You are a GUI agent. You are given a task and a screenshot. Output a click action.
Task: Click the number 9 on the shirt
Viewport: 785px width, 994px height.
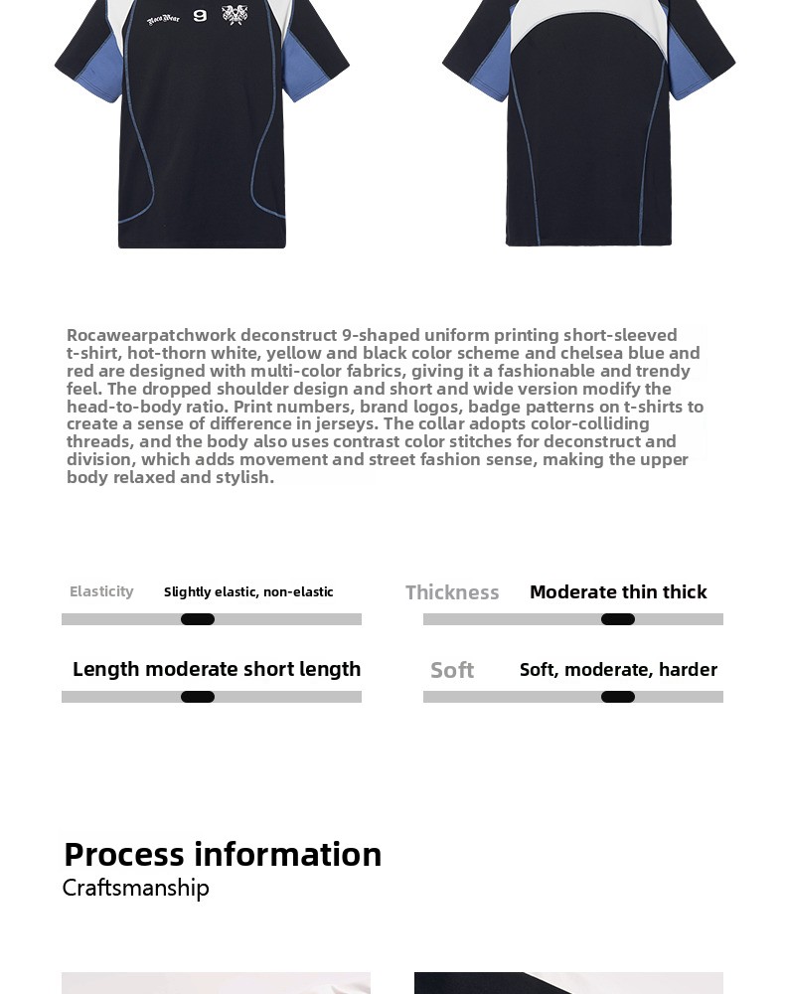click(x=200, y=16)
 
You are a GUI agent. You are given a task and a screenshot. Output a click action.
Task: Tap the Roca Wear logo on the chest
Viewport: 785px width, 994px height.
click(x=164, y=19)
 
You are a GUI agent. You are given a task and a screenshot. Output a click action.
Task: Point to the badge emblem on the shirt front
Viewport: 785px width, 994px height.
click(x=235, y=15)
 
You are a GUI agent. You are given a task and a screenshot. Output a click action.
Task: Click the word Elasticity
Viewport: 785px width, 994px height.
click(x=101, y=591)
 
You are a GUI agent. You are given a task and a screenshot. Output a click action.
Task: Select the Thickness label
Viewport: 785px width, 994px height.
click(x=452, y=592)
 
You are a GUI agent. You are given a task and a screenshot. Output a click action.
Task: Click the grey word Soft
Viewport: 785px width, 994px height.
click(x=452, y=670)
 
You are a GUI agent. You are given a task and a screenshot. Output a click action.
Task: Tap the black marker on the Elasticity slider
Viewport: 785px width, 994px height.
click(x=198, y=619)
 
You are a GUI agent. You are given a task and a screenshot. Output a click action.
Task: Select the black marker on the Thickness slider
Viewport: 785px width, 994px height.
click(x=618, y=619)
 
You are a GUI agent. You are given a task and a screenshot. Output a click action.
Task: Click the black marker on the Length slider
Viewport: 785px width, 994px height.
click(x=198, y=697)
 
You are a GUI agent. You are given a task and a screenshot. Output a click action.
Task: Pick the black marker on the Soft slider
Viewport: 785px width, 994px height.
click(x=618, y=697)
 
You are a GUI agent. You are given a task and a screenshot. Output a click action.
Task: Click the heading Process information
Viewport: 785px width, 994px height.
click(x=223, y=854)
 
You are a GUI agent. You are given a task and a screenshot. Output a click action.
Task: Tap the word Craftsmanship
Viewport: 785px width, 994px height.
click(x=136, y=888)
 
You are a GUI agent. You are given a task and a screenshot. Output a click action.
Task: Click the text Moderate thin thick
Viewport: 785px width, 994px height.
click(x=618, y=591)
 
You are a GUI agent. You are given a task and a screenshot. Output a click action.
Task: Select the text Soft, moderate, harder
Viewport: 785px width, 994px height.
click(x=618, y=669)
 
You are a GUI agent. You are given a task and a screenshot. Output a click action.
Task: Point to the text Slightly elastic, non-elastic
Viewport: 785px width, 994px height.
click(x=248, y=591)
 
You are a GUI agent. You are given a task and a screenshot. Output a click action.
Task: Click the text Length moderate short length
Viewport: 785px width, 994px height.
click(x=217, y=669)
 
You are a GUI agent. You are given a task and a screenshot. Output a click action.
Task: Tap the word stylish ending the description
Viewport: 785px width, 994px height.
click(x=245, y=477)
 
